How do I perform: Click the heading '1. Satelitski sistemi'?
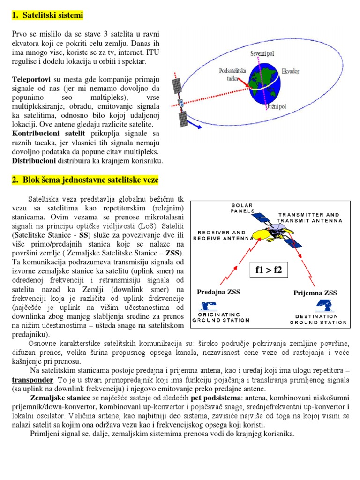pyautogui.click(x=47, y=15)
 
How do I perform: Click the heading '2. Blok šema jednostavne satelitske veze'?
pyautogui.click(x=85, y=180)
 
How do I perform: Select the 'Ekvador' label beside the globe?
pyautogui.click(x=290, y=72)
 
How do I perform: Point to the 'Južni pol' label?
pyautogui.click(x=276, y=107)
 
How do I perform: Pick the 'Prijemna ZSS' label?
pyautogui.click(x=315, y=292)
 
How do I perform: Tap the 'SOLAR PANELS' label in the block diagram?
pyautogui.click(x=242, y=208)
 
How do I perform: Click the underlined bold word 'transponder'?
pyautogui.click(x=32, y=379)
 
